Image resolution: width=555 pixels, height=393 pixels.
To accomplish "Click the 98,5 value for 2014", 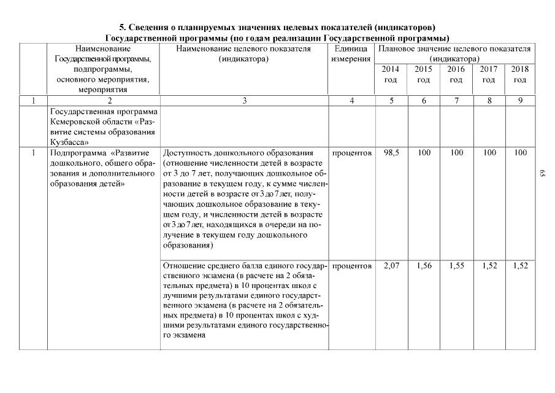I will tap(391, 152).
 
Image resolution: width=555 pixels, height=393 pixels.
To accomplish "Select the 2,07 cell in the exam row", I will tap(391, 267).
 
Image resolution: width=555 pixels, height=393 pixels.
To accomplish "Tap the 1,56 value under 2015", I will tap(424, 267).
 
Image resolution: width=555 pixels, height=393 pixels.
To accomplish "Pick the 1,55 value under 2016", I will tap(456, 267).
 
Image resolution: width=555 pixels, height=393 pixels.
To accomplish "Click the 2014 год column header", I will tap(391, 74).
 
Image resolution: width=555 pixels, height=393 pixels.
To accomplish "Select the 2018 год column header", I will tap(520, 74).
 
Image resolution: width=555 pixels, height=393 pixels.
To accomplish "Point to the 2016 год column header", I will tap(456, 74).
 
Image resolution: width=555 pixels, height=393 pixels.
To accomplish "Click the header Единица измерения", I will tap(351, 53).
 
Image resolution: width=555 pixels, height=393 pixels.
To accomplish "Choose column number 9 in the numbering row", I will tap(520, 101).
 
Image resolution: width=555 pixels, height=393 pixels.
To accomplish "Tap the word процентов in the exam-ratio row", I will tap(351, 267).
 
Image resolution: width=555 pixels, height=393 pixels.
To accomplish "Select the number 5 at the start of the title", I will tap(121, 28).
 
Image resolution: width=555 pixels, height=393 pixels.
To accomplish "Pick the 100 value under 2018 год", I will tap(520, 152).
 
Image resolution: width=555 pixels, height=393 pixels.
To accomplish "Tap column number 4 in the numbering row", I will tap(351, 101).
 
